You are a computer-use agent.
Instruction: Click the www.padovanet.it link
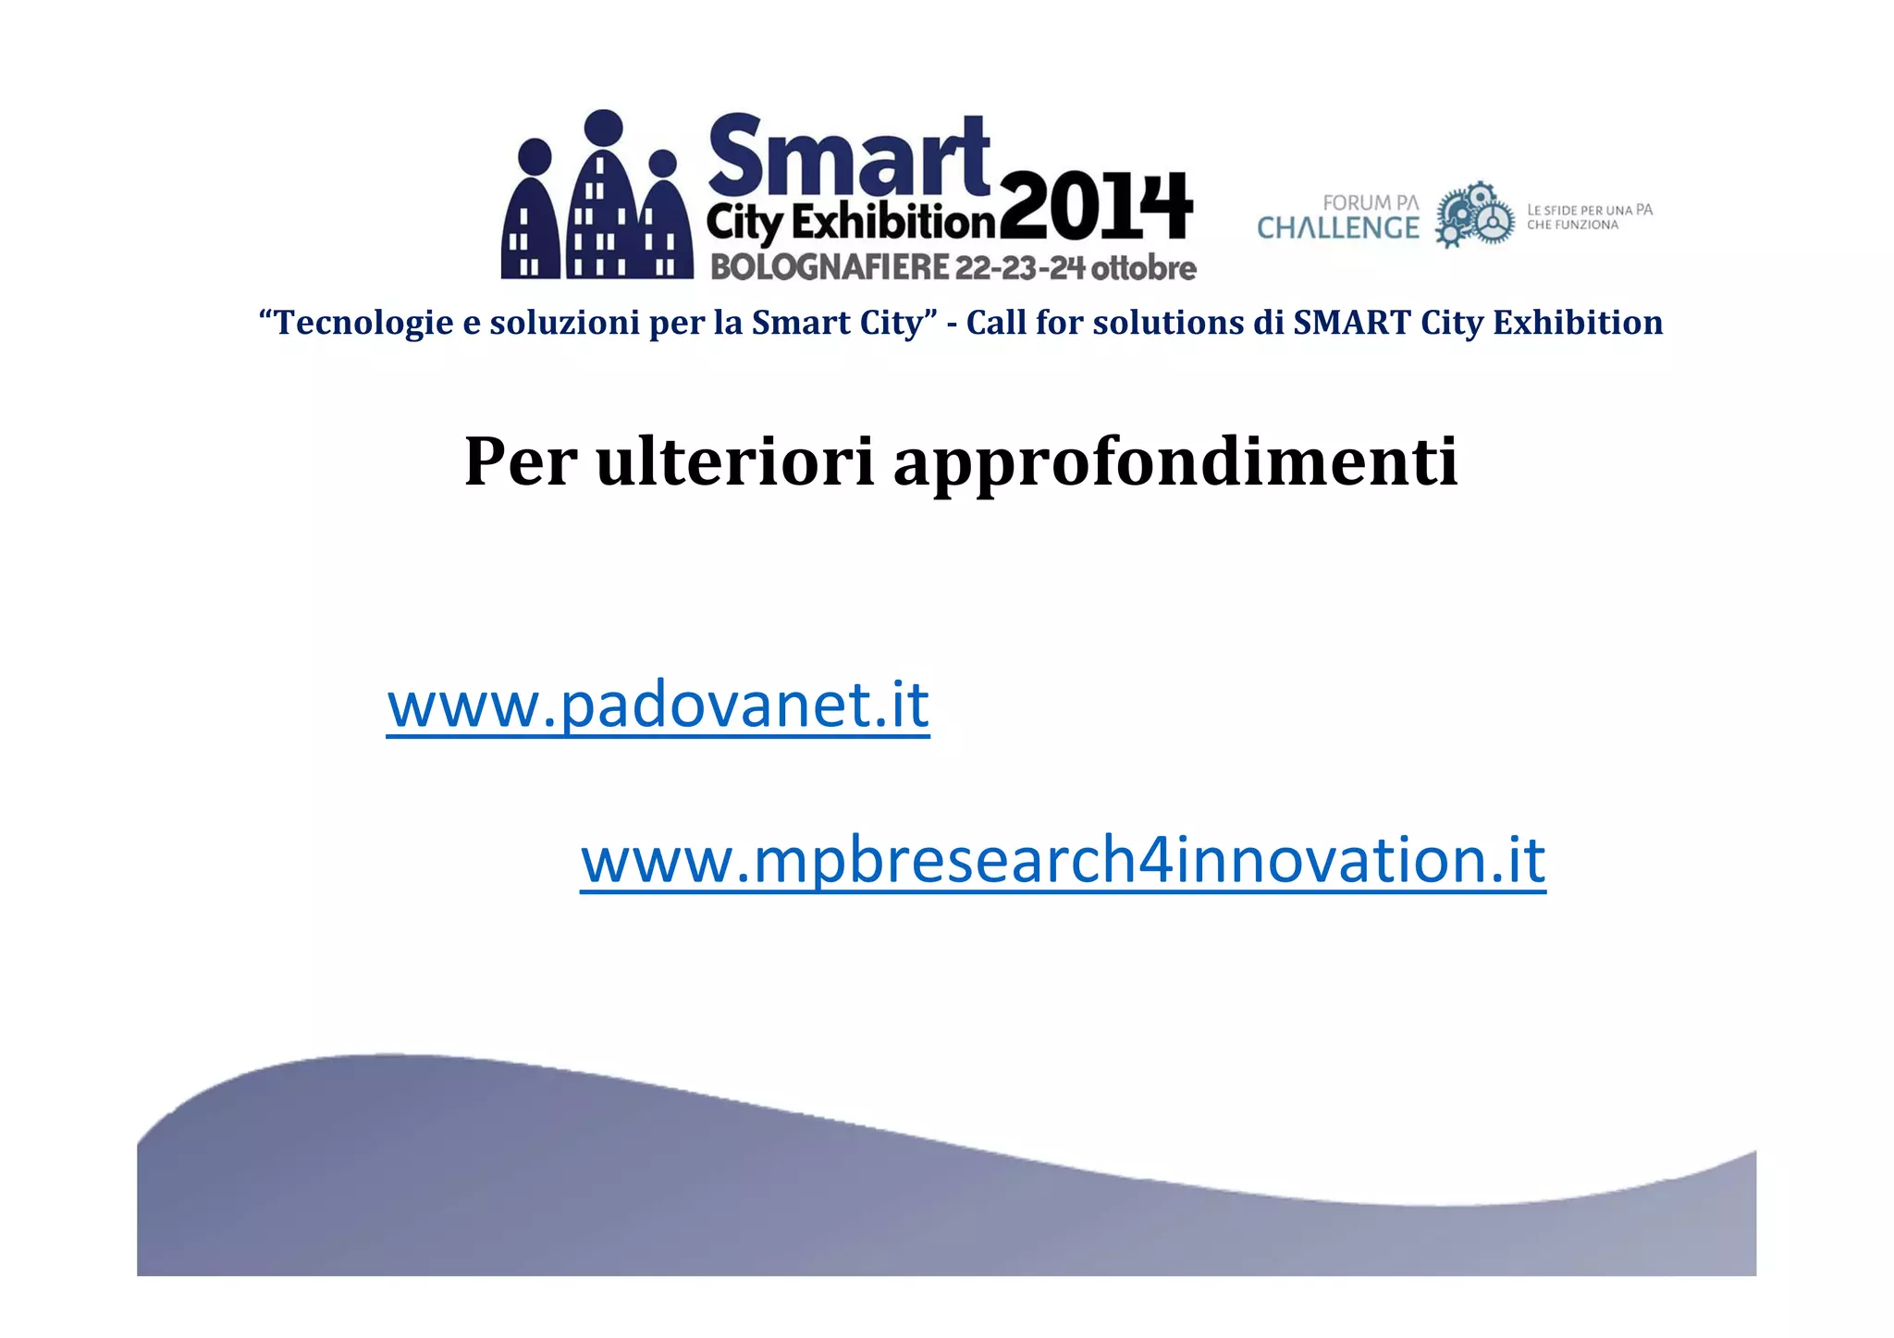(x=658, y=706)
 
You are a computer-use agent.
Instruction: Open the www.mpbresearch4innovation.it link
(x=1063, y=861)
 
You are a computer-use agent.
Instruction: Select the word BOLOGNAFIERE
(x=830, y=267)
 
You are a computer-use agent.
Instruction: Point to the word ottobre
(x=1144, y=268)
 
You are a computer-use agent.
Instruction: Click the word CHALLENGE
(x=1337, y=228)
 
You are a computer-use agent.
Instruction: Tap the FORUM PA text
(x=1370, y=203)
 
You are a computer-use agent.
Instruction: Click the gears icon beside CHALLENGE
(x=1474, y=215)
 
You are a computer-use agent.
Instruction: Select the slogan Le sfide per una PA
(x=1589, y=210)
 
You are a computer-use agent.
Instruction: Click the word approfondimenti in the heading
(x=1175, y=461)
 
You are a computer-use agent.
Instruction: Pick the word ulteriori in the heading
(x=735, y=461)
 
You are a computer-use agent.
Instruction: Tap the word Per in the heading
(x=520, y=461)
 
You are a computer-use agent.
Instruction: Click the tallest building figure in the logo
(x=603, y=199)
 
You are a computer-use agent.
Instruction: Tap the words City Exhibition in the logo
(x=851, y=222)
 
